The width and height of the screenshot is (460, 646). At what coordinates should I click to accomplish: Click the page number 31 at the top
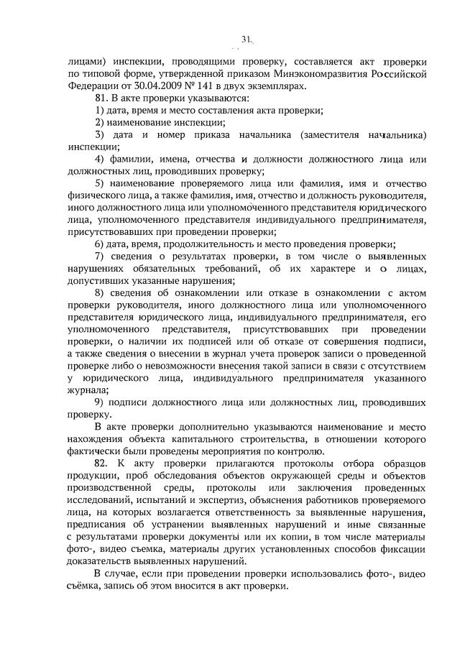click(247, 40)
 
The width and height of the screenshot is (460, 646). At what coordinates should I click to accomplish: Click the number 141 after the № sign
click(194, 86)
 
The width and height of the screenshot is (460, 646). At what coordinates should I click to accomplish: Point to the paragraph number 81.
click(102, 98)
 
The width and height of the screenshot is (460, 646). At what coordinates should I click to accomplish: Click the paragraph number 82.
click(103, 465)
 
